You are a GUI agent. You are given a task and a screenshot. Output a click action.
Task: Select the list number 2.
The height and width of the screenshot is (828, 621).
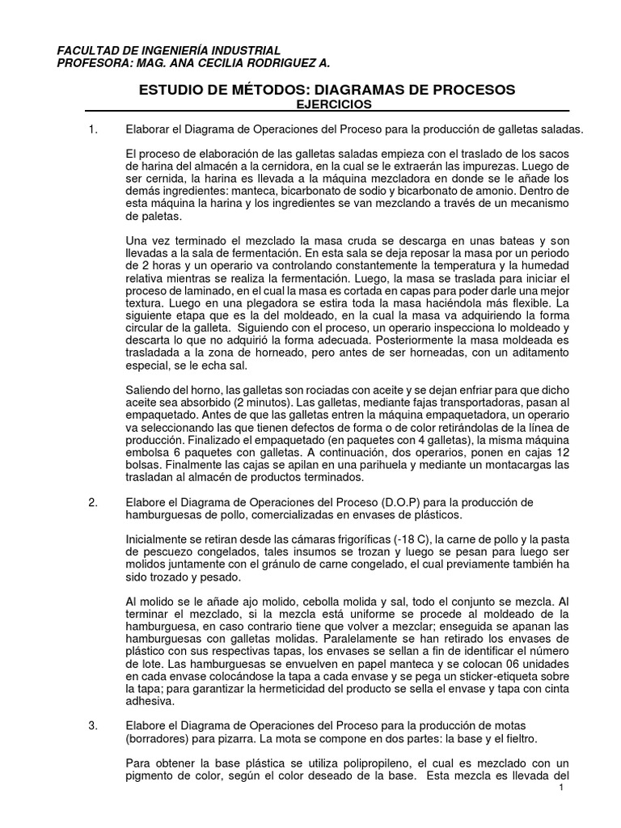point(92,502)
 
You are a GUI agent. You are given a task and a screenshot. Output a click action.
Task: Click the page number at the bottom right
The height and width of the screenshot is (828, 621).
point(560,789)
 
